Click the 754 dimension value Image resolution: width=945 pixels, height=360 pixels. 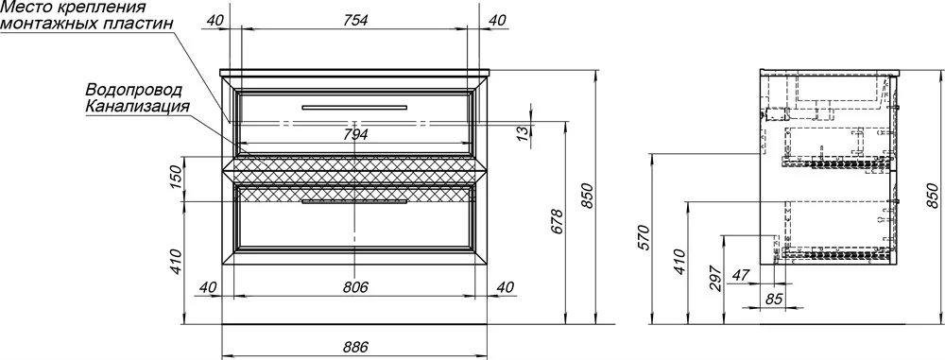(355, 20)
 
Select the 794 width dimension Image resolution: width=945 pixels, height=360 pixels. (355, 135)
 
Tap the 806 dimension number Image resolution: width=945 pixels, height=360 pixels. (355, 287)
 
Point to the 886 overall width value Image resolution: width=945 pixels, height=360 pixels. (355, 347)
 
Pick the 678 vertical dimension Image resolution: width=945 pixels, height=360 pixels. (557, 222)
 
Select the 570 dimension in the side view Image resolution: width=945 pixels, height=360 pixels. (644, 237)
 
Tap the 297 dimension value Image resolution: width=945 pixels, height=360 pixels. (715, 278)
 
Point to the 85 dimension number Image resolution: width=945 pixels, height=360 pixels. (775, 298)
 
